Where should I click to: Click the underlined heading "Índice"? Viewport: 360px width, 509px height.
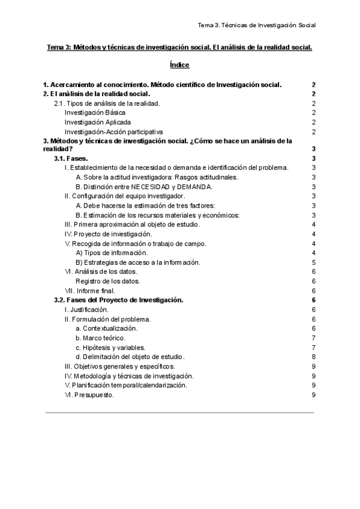coord(180,65)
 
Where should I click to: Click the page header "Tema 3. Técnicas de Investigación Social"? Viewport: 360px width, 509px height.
coord(256,25)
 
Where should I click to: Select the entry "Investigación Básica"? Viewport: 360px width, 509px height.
coord(95,113)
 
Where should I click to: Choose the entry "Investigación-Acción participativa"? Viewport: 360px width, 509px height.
coord(113,131)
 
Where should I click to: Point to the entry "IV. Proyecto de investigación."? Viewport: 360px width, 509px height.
coord(108,233)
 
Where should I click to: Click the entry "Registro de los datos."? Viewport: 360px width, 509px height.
coord(108,281)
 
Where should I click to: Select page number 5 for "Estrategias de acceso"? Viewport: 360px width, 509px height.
coord(314,262)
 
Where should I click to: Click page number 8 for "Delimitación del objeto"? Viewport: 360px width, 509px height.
coord(314,357)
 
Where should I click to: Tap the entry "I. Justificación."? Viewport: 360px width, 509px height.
coord(86,310)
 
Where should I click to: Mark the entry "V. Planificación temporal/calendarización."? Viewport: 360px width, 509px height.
coord(125,385)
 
